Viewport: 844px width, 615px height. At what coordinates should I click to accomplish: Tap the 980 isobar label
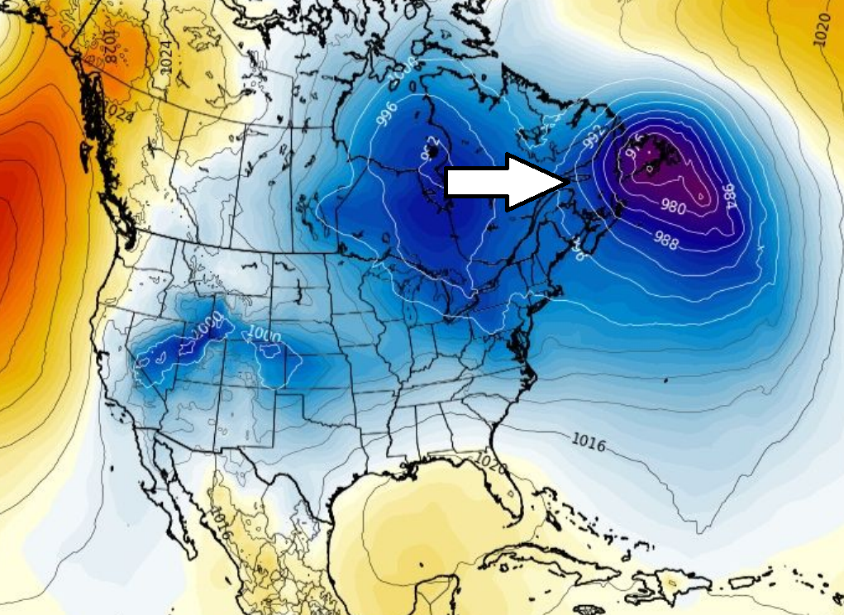pyautogui.click(x=672, y=207)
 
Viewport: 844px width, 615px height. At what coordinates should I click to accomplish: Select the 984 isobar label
pyautogui.click(x=729, y=196)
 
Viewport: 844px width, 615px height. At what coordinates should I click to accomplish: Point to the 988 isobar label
pyautogui.click(x=665, y=241)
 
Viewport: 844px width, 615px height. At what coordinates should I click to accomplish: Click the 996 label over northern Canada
pyautogui.click(x=387, y=115)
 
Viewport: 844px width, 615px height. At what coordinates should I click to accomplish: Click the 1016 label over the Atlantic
pyautogui.click(x=589, y=442)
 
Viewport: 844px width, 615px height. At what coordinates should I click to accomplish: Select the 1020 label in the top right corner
pyautogui.click(x=823, y=29)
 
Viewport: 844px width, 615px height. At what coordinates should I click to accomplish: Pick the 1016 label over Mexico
pyautogui.click(x=219, y=523)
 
